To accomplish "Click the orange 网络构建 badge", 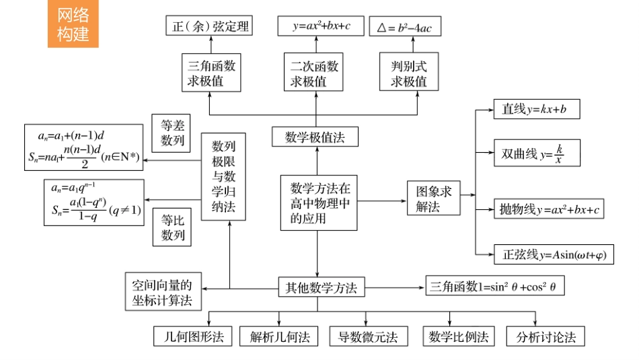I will pos(73,25).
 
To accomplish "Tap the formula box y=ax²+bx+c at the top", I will pos(322,27).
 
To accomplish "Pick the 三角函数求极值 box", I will pos(211,73).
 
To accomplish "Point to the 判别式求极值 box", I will pos(409,73).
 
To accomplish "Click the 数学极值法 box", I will pos(315,137).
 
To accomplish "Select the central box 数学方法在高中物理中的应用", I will pos(319,203).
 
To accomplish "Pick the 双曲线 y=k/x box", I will pos(536,154).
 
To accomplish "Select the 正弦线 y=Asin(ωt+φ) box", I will pos(554,254).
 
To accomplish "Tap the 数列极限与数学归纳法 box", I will pos(223,176).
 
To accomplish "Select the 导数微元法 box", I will pos(367,336).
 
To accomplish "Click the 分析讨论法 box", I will pos(546,336).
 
